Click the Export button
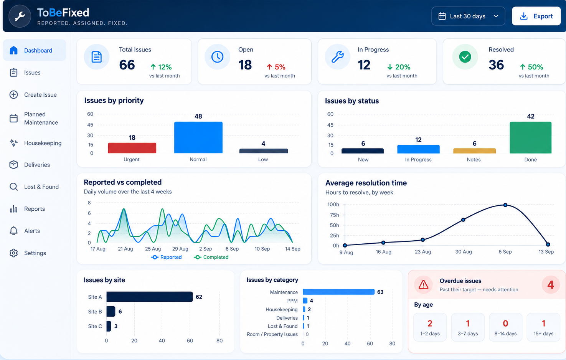536,16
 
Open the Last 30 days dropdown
468,16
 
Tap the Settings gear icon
14,253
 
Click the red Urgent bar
132,148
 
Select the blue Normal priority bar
198,137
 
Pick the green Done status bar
530,137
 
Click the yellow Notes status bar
474,151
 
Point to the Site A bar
150,297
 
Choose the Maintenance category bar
338,292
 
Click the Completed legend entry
211,257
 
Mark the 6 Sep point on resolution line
505,205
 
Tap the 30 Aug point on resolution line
463,220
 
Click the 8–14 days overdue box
505,327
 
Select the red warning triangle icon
424,285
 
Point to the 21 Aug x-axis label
125,249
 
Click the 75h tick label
334,215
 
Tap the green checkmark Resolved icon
465,57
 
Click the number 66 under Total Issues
127,65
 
